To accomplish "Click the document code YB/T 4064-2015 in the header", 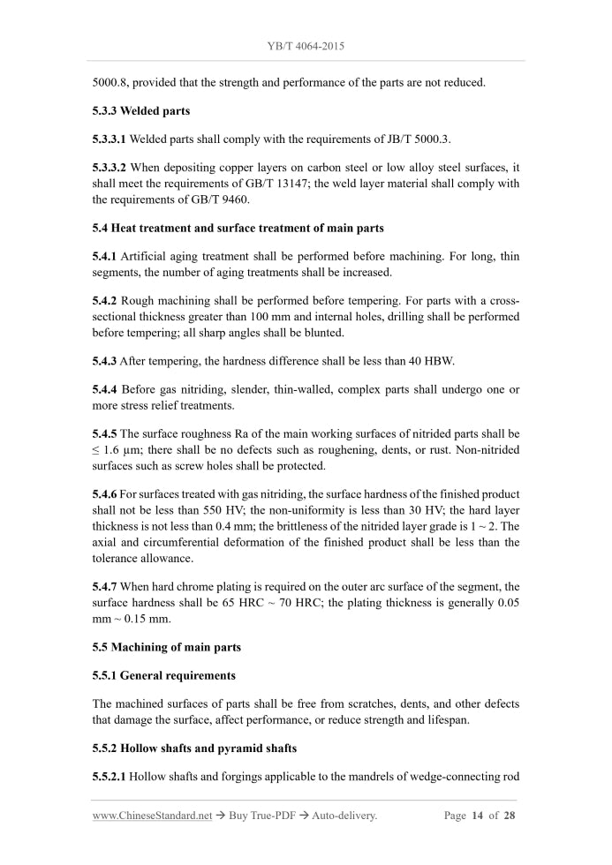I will pos(306,44).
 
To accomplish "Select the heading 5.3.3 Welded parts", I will pos(141,111).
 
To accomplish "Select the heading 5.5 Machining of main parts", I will pos(167,647).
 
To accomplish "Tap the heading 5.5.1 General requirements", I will pos(164,675).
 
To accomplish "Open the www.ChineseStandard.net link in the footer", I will pos(152,816).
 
